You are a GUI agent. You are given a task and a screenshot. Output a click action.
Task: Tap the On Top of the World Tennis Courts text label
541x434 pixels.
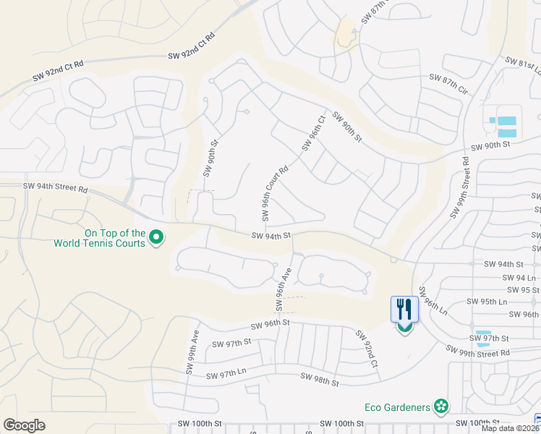click(100, 238)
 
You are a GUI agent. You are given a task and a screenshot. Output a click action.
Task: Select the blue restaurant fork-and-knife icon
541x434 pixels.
click(404, 310)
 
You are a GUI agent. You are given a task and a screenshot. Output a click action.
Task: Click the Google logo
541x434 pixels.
click(24, 425)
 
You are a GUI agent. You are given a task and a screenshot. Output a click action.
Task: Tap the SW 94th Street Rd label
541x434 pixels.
click(55, 187)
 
